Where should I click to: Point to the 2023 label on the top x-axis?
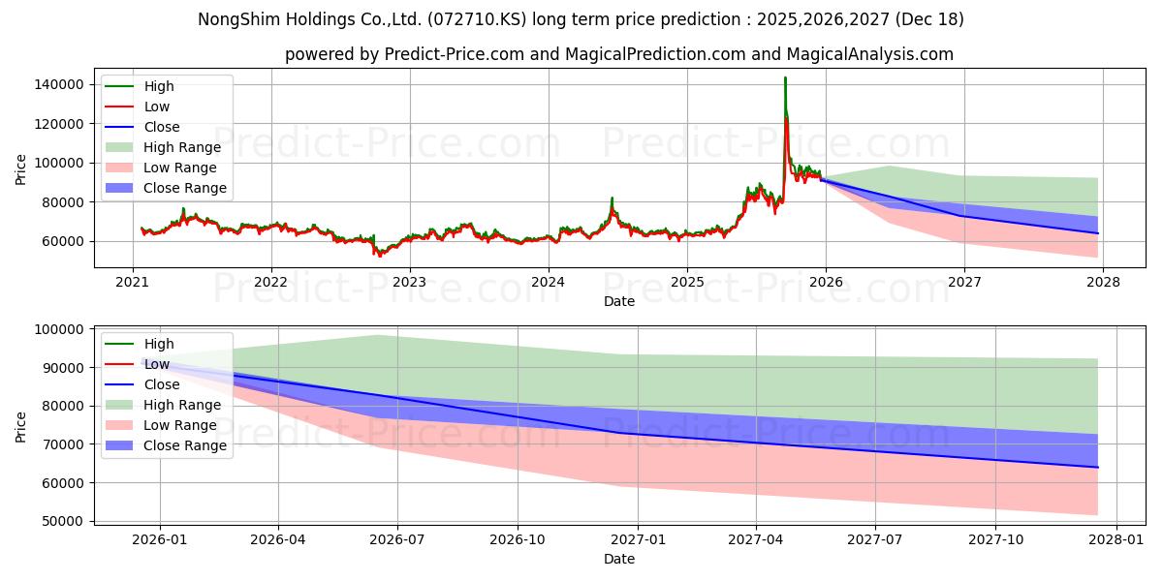click(409, 283)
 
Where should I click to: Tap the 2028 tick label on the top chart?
click(1103, 283)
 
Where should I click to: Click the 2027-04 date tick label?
click(756, 538)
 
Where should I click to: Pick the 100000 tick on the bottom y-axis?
click(58, 329)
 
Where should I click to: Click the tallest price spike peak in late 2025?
click(785, 78)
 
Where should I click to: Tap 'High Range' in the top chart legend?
click(181, 147)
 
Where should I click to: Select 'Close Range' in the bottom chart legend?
click(184, 445)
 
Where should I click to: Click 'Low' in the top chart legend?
click(156, 107)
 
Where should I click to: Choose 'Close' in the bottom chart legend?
click(161, 384)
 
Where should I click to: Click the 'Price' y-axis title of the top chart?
click(21, 170)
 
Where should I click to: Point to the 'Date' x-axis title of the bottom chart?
click(619, 559)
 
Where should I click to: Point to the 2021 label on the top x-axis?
click(132, 283)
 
